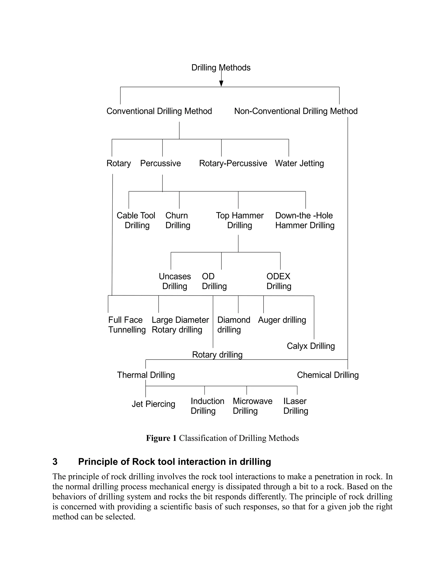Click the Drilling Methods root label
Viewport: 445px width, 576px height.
(x=221, y=68)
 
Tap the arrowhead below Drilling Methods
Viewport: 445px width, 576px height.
(x=221, y=83)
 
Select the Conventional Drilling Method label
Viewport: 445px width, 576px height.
(x=159, y=111)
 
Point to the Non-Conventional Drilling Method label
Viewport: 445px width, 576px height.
(x=296, y=111)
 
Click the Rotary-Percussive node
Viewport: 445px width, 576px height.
(x=233, y=163)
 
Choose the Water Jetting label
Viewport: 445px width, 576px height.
(x=299, y=163)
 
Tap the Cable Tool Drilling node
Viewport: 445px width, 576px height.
(x=136, y=220)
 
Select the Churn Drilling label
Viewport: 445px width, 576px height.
(x=178, y=220)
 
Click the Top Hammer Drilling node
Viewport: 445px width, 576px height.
(x=240, y=220)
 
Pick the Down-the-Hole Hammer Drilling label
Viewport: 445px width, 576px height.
(x=305, y=220)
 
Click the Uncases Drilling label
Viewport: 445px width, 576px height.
(x=174, y=281)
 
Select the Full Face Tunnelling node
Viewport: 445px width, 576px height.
(x=127, y=325)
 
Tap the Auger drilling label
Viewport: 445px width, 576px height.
(x=282, y=320)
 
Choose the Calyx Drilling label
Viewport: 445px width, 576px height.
(x=311, y=346)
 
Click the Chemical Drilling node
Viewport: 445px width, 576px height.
(x=328, y=375)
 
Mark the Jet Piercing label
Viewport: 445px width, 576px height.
(x=153, y=404)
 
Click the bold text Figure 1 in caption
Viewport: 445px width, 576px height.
(x=161, y=438)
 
